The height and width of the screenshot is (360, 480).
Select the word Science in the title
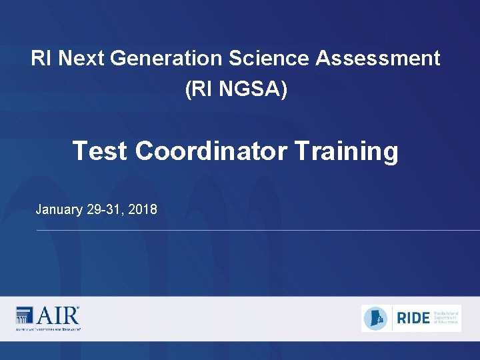point(270,59)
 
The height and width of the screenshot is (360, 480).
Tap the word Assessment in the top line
point(377,59)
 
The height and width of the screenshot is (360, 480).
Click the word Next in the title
point(82,59)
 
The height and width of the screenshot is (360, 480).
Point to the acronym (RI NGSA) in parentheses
point(237,89)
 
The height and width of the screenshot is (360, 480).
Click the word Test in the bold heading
point(101,151)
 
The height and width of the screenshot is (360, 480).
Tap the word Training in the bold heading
point(346,151)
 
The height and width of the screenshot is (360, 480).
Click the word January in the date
point(59,210)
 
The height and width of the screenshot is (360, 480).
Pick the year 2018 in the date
point(142,210)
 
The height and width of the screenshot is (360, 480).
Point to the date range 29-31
point(104,210)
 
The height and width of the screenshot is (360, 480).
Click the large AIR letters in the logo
point(57,315)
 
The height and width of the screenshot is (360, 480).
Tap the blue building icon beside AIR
point(24,315)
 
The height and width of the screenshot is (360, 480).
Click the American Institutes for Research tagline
point(48,329)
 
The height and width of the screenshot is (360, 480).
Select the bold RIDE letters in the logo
point(413,318)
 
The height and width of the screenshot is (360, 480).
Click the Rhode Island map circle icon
point(376,318)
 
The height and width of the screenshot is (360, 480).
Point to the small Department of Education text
point(445,319)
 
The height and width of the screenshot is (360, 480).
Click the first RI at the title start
point(41,59)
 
